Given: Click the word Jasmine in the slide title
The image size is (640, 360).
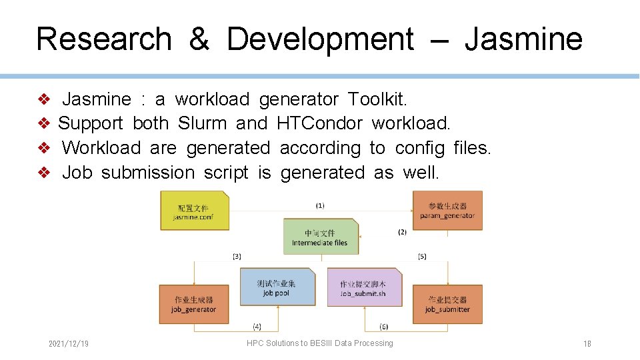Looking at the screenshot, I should click(523, 39).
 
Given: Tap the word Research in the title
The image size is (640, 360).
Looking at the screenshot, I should click(103, 39).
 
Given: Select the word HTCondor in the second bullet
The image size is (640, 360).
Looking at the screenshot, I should click(319, 123).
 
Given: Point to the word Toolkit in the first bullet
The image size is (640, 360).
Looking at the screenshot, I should click(377, 99).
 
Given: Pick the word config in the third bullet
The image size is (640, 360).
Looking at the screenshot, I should click(419, 148).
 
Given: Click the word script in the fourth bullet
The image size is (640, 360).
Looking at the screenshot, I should click(226, 173).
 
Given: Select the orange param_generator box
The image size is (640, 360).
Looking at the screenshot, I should click(447, 211).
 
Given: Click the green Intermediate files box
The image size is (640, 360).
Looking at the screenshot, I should click(320, 237).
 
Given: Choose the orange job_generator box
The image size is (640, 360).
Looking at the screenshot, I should click(194, 304).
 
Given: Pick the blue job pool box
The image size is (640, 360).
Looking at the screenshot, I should click(277, 287).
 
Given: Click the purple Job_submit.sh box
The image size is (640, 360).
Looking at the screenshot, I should click(364, 288).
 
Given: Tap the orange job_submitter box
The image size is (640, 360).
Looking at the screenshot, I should click(447, 304).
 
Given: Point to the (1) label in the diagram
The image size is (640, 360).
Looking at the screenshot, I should click(320, 205).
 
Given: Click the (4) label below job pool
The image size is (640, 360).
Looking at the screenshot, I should click(257, 327).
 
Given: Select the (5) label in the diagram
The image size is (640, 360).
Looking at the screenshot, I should click(422, 256).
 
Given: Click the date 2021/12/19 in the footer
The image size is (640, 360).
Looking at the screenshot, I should click(69, 344).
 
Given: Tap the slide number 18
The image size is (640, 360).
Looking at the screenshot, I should click(587, 344).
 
